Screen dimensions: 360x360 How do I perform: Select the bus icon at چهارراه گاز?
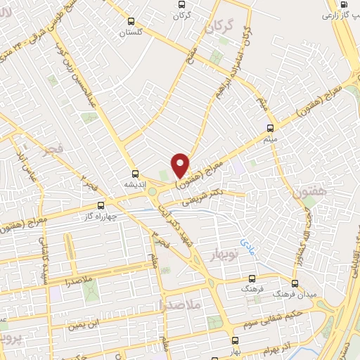(x=101, y=205)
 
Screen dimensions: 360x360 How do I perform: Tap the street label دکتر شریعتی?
(x=204, y=197)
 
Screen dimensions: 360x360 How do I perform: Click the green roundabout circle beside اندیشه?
(x=151, y=191)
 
